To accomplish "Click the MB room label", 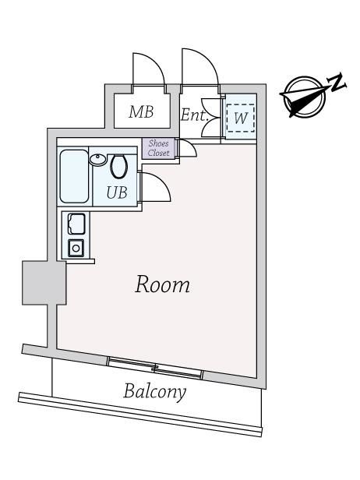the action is click(x=141, y=112).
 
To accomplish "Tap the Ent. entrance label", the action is click(x=194, y=115).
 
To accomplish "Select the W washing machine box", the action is click(x=241, y=118).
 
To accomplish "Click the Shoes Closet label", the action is click(x=159, y=148).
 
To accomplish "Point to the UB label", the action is click(x=117, y=193).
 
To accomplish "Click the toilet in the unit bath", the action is click(x=118, y=167).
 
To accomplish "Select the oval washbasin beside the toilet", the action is click(x=97, y=160).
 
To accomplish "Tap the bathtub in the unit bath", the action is click(x=74, y=176).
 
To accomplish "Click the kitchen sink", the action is click(x=76, y=224).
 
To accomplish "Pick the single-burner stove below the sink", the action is click(x=76, y=248).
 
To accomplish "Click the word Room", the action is click(x=163, y=284).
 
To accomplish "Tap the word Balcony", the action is click(x=154, y=391).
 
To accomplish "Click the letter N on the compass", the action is click(x=337, y=83).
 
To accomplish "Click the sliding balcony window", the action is click(x=156, y=367).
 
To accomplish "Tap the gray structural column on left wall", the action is click(x=44, y=283).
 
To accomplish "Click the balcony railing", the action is click(x=140, y=415).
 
